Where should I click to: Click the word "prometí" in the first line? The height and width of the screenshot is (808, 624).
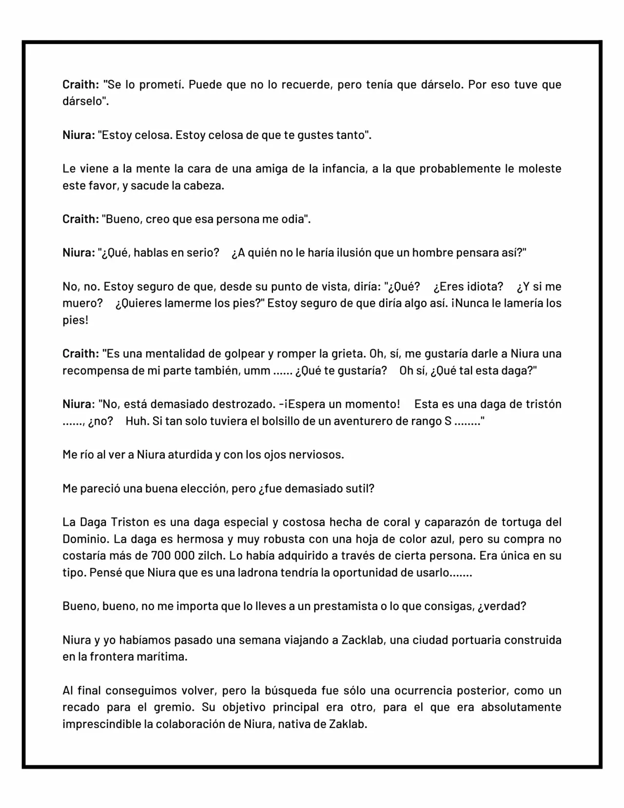[162, 84]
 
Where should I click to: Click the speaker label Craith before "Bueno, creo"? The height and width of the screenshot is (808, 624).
[80, 219]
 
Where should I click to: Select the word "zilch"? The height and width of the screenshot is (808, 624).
[212, 556]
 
